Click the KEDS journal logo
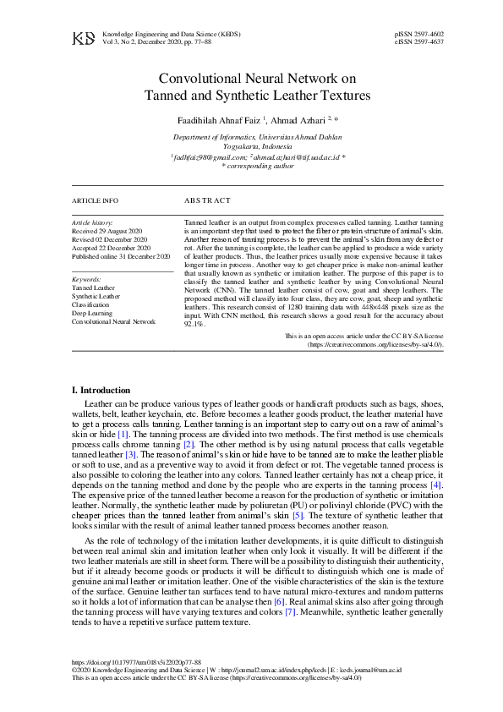(83, 39)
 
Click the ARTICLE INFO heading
(96, 201)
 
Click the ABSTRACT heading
(207, 201)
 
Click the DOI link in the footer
(137, 663)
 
